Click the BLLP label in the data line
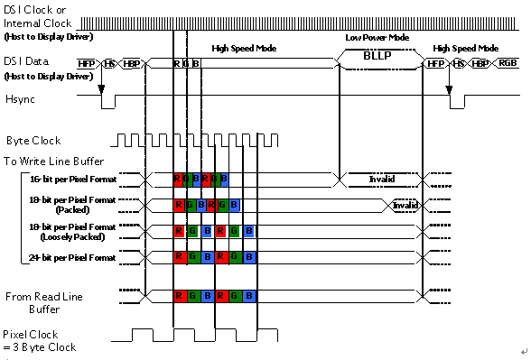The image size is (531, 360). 376,56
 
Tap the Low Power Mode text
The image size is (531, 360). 377,39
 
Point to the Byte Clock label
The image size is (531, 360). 35,142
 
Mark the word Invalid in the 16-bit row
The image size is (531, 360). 382,179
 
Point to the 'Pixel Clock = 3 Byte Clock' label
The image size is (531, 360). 40,340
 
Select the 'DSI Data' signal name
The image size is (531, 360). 27,60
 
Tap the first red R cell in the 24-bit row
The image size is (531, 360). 180,257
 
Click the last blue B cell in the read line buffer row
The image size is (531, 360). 249,296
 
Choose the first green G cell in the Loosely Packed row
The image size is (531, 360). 193,231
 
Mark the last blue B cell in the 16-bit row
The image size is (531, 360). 223,179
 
